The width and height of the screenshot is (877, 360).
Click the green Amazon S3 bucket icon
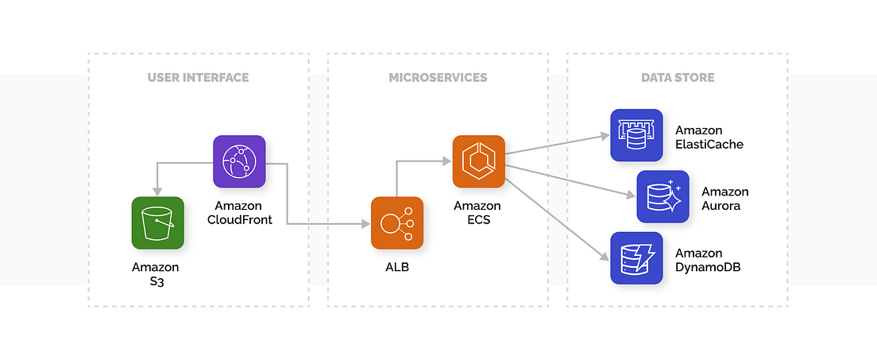tap(157, 223)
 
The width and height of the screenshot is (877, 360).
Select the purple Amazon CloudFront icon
tap(239, 161)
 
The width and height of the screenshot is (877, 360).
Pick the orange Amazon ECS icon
tap(479, 161)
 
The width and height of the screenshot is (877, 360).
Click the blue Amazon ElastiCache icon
tap(636, 135)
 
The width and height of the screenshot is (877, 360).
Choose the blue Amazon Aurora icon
tap(663, 196)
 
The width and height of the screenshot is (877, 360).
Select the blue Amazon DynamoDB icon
tap(636, 258)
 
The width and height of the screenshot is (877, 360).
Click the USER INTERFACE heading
tap(198, 78)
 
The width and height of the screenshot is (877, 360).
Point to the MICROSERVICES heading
tap(438, 78)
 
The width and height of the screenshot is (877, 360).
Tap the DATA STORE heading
tap(678, 78)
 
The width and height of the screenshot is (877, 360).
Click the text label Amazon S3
tap(156, 274)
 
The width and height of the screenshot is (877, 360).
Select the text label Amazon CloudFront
tap(238, 212)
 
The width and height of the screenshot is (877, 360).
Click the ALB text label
tap(396, 268)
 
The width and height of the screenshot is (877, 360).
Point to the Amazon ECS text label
tap(477, 212)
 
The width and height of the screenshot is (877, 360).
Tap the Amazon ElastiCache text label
tap(709, 137)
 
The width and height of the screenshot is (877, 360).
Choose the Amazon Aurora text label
tap(724, 199)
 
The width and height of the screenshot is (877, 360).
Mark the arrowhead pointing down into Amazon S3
tap(157, 191)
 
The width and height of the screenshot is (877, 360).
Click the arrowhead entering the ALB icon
tap(365, 224)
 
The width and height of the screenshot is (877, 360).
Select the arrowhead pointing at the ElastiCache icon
tap(605, 137)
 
